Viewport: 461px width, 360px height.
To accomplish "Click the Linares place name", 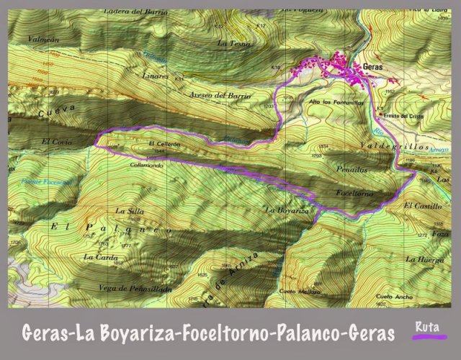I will click(155, 75).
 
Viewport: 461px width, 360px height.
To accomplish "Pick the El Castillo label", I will click(419, 207).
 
